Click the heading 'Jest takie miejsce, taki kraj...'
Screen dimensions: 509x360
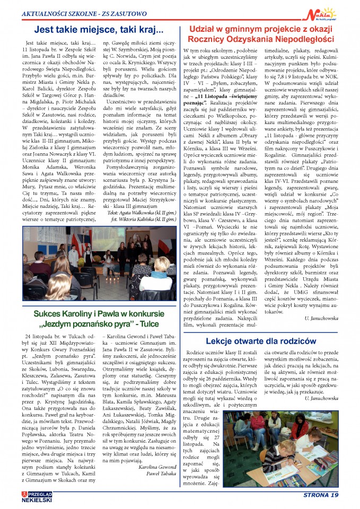pos(98,30)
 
